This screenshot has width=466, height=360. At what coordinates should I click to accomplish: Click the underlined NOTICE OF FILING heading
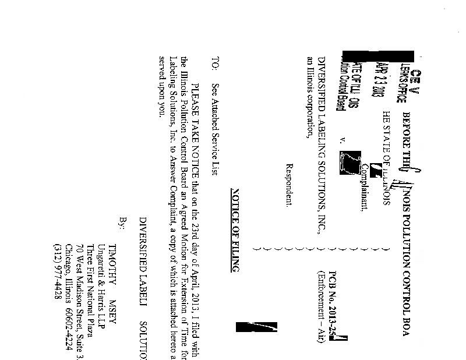point(235,230)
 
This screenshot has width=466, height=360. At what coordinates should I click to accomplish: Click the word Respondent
point(286,185)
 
